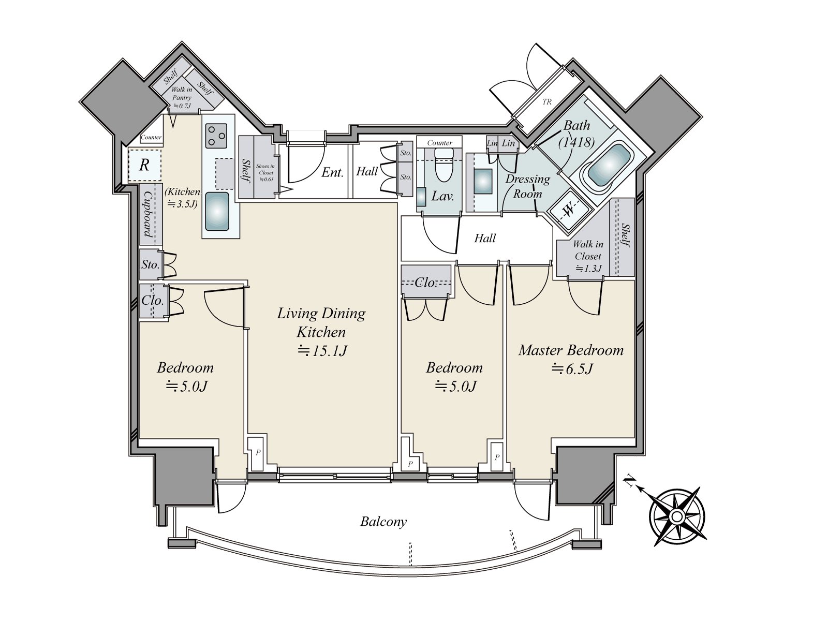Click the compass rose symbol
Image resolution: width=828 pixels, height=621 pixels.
(x=677, y=516)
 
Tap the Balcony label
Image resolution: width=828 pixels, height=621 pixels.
(x=383, y=521)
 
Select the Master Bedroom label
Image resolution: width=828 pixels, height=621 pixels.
(x=571, y=350)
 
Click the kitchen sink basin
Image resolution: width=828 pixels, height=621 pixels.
(x=217, y=211)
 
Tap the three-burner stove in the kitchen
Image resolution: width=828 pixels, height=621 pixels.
(x=215, y=135)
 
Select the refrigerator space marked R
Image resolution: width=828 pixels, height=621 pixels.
(x=144, y=165)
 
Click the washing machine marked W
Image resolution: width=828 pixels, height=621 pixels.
(x=569, y=210)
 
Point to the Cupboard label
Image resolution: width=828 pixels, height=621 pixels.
(x=149, y=213)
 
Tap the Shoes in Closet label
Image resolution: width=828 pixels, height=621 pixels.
(x=265, y=172)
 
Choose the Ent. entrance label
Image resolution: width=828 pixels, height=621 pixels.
(x=332, y=172)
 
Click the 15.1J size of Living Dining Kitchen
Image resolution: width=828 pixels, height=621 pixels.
(x=322, y=351)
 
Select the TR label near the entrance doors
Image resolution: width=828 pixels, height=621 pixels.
(x=547, y=102)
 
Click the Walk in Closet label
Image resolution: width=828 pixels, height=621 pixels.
(x=588, y=250)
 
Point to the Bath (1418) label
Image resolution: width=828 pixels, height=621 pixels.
(x=576, y=134)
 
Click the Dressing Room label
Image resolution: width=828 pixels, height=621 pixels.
(x=527, y=186)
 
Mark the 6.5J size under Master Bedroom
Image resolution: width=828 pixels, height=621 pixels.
(x=572, y=369)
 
